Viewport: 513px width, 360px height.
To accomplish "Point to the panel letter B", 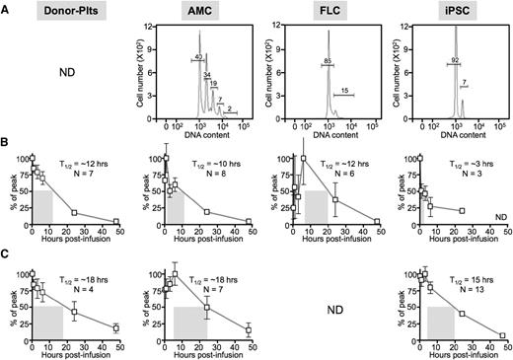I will click(x=7, y=152).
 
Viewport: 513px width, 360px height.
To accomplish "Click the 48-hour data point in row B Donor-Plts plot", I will click(x=115, y=222).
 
